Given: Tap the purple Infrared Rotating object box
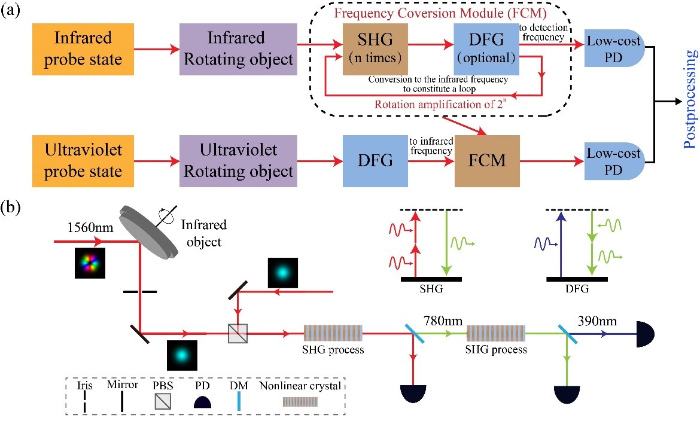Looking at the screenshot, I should pos(238,49).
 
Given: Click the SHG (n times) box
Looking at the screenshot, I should pos(375,49).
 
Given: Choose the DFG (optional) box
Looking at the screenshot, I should pos(485,49).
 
